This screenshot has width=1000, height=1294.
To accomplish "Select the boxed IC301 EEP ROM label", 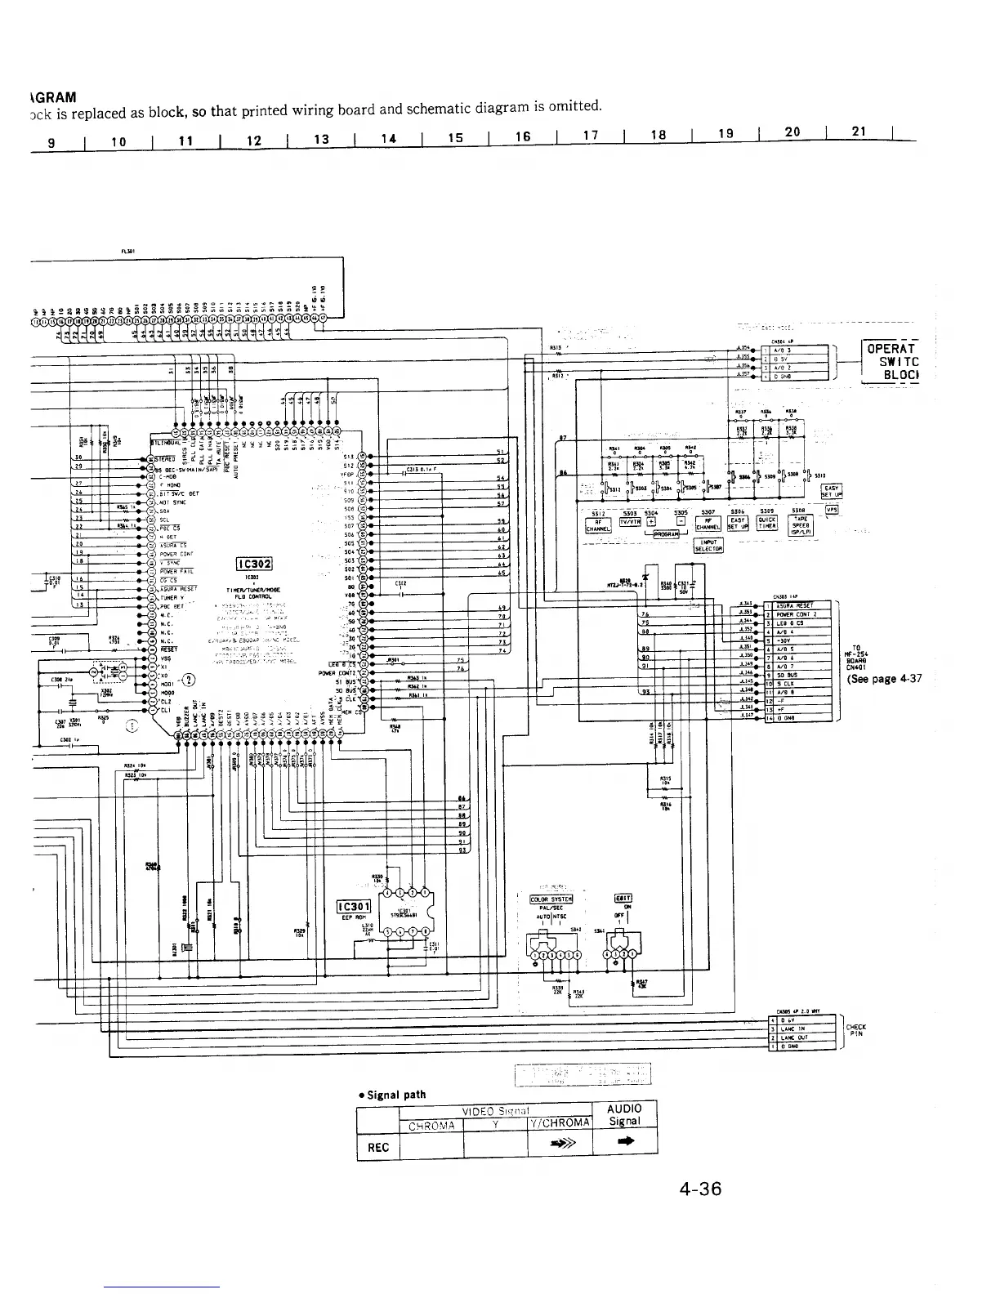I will coord(355,905).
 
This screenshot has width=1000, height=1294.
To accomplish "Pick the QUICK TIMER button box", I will coord(767,524).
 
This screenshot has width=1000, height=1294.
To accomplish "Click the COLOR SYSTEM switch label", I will coord(551,900).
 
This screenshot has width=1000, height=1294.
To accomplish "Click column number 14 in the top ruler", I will coord(387,139).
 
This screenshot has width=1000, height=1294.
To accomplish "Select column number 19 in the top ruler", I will coord(724,135).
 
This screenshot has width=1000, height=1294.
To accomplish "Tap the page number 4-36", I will coord(700,1189).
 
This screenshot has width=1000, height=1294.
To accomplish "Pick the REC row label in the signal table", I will coord(378,1147).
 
